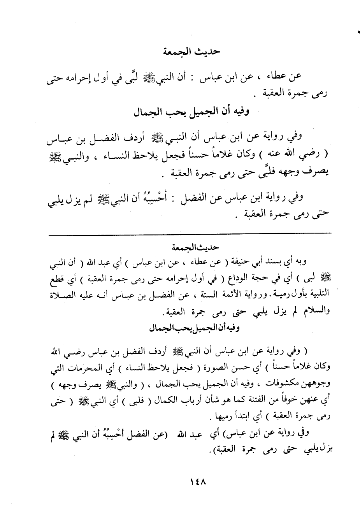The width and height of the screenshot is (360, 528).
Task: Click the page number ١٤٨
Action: pos(198,482)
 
